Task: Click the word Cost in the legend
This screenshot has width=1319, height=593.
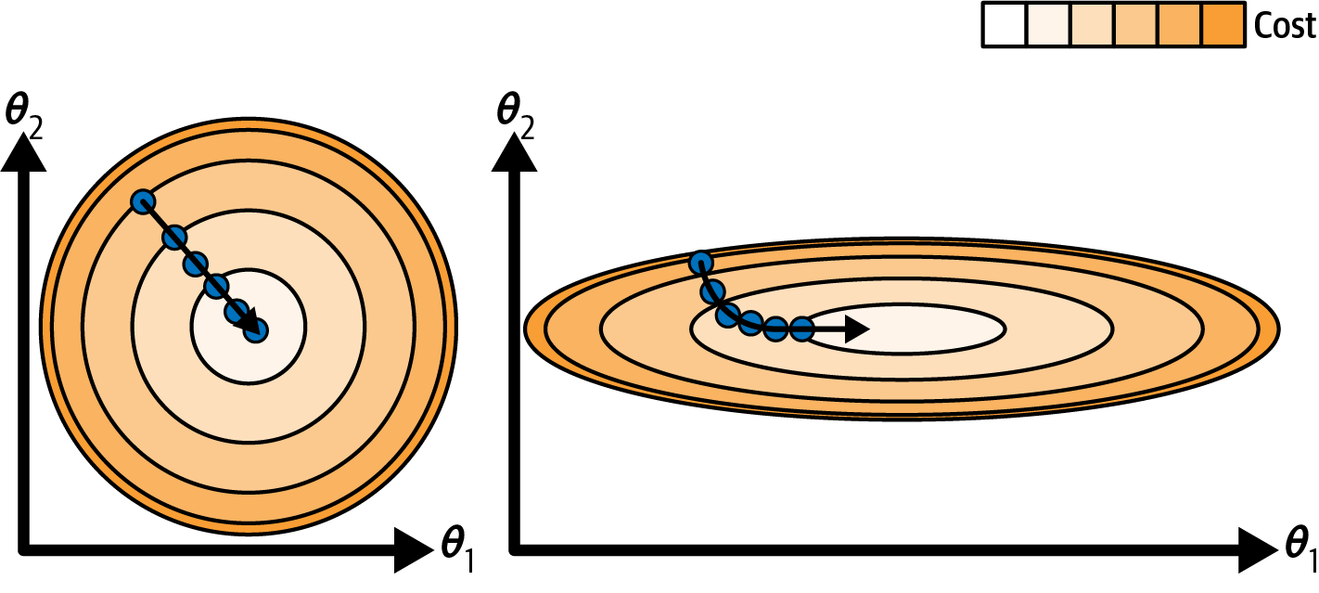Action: click(1284, 26)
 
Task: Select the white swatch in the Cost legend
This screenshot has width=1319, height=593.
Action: click(1004, 26)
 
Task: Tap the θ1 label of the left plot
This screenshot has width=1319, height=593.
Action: click(457, 546)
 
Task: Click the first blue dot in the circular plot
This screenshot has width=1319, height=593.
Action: click(142, 201)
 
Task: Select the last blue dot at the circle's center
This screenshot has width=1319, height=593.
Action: click(255, 329)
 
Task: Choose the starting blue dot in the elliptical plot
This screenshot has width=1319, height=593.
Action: click(701, 264)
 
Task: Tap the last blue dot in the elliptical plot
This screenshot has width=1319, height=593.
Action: click(801, 329)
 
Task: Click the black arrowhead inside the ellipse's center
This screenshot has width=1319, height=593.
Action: click(858, 329)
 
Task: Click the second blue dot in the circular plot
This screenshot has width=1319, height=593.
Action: click(173, 238)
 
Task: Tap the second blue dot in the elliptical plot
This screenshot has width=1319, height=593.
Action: click(712, 293)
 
